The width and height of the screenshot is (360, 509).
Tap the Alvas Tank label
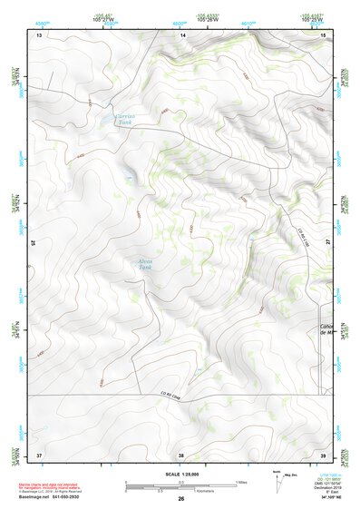click(146, 265)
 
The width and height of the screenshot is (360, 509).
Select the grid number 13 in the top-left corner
click(39, 34)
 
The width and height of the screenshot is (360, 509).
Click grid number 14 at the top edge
click(182, 34)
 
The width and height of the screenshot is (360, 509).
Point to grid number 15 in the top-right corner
click(324, 34)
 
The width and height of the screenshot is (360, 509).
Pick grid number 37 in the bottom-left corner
click(39, 454)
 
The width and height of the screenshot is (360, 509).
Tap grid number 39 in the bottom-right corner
click(324, 454)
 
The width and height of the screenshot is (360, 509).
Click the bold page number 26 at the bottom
click(180, 498)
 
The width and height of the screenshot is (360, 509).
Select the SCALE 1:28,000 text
click(180, 474)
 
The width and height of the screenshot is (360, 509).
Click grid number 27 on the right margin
click(328, 242)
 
